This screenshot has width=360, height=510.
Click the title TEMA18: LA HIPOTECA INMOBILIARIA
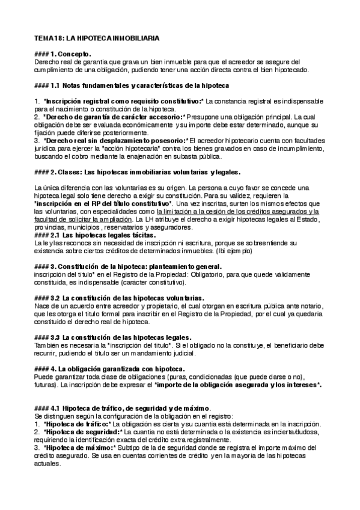tap(97, 38)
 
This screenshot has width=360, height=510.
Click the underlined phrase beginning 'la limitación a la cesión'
tap(237, 212)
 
